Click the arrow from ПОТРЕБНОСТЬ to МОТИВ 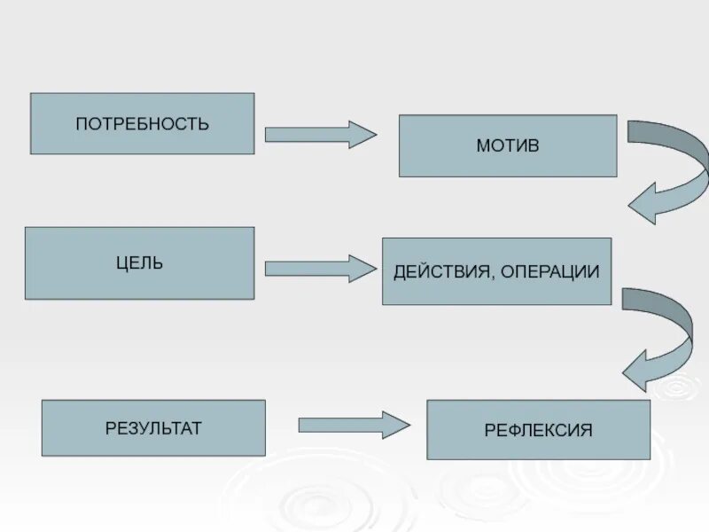320,134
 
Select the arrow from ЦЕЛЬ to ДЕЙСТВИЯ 320,268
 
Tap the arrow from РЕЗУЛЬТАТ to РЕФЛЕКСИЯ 354,425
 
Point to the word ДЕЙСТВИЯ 437,271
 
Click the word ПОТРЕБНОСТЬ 142,123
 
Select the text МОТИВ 507,144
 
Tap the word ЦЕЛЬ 139,263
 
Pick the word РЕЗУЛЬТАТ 153,428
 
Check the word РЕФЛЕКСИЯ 538,431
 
